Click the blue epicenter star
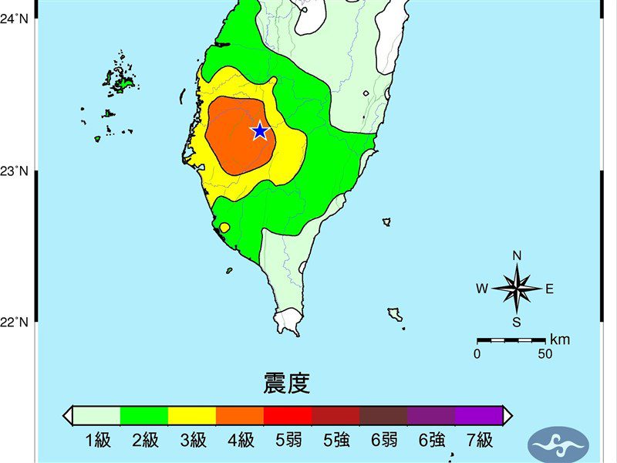tap(260, 131)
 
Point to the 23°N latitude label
tap(15, 171)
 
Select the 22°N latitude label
tap(15, 322)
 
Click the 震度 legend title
tap(287, 384)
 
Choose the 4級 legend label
tap(241, 441)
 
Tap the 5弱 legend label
tap(288, 441)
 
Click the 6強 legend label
tap(431, 441)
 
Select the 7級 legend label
tap(479, 441)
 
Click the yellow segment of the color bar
tap(192, 415)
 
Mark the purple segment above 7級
tap(479, 415)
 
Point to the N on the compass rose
tap(517, 256)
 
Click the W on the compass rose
tap(481, 289)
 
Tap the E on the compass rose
tap(550, 289)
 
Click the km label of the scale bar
tap(561, 340)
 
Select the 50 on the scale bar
tap(545, 354)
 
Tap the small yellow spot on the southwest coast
tap(224, 228)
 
